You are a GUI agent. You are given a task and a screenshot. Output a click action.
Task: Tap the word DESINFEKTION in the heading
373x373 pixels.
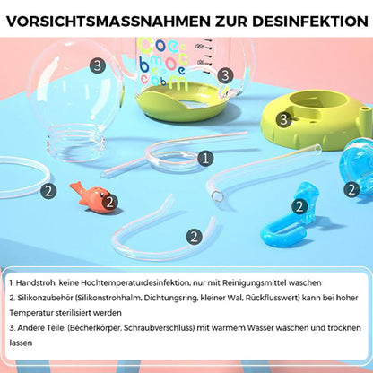(x=310, y=21)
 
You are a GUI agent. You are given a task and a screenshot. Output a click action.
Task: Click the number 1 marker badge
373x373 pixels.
(x=205, y=159)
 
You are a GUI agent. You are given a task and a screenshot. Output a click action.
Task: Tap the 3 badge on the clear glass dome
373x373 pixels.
(x=98, y=65)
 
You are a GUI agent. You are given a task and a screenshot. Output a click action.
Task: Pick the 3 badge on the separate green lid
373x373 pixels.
(x=283, y=120)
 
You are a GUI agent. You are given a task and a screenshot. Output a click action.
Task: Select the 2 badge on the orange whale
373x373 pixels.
(x=109, y=203)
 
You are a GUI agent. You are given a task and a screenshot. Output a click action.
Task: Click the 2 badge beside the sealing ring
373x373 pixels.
(x=48, y=191)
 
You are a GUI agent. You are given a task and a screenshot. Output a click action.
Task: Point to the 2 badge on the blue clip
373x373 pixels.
(x=299, y=206)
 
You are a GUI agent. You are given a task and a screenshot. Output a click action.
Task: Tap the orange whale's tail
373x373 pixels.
(x=75, y=186)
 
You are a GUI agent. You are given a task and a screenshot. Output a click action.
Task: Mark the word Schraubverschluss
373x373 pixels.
(x=159, y=328)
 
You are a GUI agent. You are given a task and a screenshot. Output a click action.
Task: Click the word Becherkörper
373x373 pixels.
(x=95, y=328)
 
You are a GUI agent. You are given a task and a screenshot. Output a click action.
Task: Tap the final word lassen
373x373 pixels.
(x=21, y=343)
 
